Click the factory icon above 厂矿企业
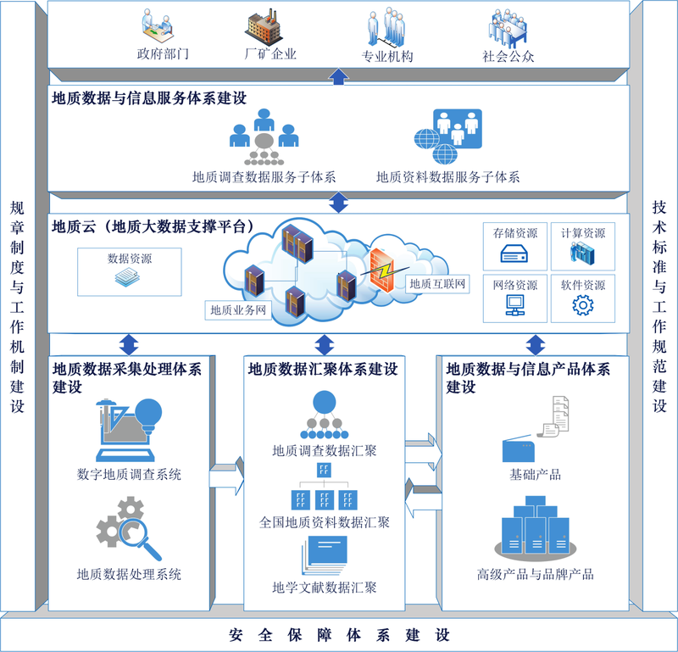[x=264, y=27]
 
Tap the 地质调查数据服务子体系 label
[x=264, y=177]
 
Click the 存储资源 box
[x=514, y=245]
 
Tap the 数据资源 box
[x=130, y=272]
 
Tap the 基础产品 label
[x=535, y=474]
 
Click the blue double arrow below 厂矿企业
[x=338, y=76]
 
